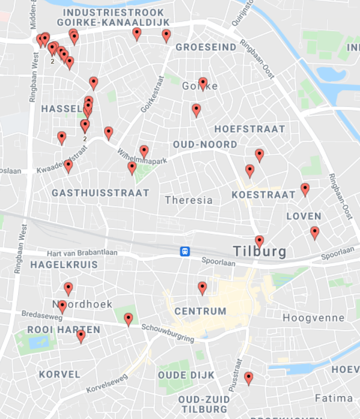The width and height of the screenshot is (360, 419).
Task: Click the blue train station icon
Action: click(185, 251)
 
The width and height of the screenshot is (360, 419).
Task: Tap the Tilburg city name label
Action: click(260, 251)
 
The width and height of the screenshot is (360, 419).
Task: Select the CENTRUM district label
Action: click(200, 311)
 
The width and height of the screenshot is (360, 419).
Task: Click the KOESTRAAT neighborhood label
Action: click(264, 195)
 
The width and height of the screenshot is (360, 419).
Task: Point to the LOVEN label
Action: click(304, 216)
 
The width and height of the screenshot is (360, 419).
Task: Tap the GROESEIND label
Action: click(206, 46)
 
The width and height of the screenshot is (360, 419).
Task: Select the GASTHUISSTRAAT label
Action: click(100, 193)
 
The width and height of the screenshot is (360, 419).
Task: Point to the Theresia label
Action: click(188, 200)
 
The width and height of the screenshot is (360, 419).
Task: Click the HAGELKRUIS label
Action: click(55, 264)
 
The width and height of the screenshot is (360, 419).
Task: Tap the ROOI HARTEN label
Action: click(55, 330)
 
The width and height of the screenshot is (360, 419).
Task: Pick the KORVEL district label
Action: click(59, 374)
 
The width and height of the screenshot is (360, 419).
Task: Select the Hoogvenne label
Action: click(313, 318)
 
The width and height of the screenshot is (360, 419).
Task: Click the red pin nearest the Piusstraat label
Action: click(248, 378)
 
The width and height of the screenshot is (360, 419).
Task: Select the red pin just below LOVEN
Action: click(314, 233)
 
